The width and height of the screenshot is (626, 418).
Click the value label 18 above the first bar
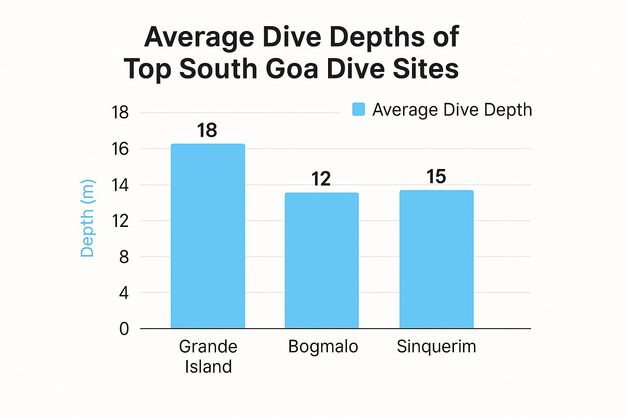[x=207, y=131]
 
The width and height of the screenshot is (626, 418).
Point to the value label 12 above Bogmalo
[x=321, y=179]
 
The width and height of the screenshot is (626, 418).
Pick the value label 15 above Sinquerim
[x=436, y=177]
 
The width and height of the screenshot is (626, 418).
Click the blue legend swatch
[x=359, y=109]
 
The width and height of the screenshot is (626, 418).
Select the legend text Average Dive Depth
[x=452, y=110]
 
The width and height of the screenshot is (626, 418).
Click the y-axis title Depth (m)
[x=87, y=218]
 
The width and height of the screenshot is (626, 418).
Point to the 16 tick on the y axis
[x=120, y=149]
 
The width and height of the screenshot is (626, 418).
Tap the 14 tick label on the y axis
[x=120, y=185]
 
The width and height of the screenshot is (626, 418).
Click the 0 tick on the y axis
[x=124, y=329]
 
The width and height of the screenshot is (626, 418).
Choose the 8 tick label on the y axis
[x=124, y=257]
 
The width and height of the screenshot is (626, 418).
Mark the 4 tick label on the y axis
[x=124, y=293]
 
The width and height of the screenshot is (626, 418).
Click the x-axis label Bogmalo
[x=323, y=347]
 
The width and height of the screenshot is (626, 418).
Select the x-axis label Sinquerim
[x=436, y=347]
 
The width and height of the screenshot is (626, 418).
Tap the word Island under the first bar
[x=208, y=367]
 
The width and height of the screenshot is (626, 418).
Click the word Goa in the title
[x=292, y=69]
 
